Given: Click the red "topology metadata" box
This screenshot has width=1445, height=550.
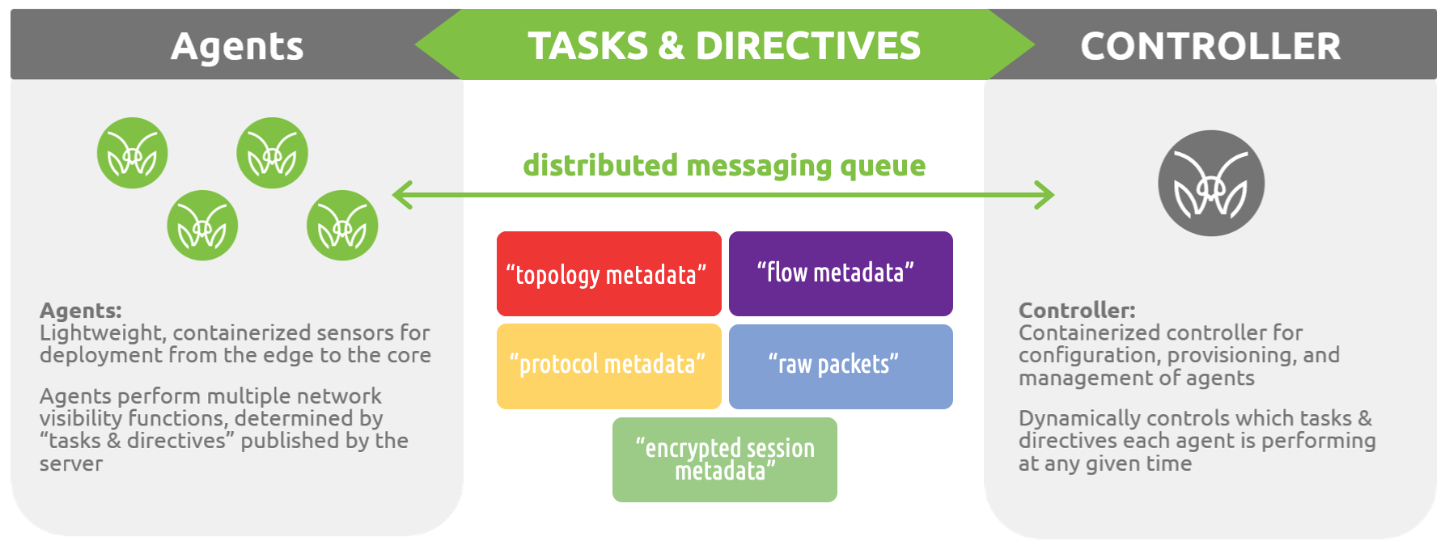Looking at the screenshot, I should (608, 273).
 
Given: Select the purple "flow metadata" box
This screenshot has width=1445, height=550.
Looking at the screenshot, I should (841, 273).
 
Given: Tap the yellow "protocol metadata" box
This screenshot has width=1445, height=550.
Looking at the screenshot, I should (608, 366).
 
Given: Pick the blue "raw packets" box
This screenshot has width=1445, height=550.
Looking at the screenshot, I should (841, 366).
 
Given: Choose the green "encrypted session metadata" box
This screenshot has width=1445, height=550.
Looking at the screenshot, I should (724, 459).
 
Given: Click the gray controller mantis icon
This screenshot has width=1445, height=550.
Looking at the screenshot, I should (1211, 184).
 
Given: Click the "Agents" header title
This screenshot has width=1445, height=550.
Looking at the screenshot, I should (237, 46).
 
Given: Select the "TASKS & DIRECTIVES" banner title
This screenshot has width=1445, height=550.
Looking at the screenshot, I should (724, 46).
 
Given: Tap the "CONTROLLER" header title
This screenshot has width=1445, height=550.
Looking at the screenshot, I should (1210, 46).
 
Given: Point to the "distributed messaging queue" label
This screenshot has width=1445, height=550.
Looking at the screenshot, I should (724, 166).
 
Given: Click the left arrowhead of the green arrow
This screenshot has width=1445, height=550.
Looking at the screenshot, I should (401, 195).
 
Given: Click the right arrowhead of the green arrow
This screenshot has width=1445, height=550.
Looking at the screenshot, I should (1045, 195).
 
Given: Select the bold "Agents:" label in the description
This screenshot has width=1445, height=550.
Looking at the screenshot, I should (81, 311).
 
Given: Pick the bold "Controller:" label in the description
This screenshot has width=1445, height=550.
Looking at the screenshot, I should (1077, 311).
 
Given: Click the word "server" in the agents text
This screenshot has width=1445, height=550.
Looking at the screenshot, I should (71, 464).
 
